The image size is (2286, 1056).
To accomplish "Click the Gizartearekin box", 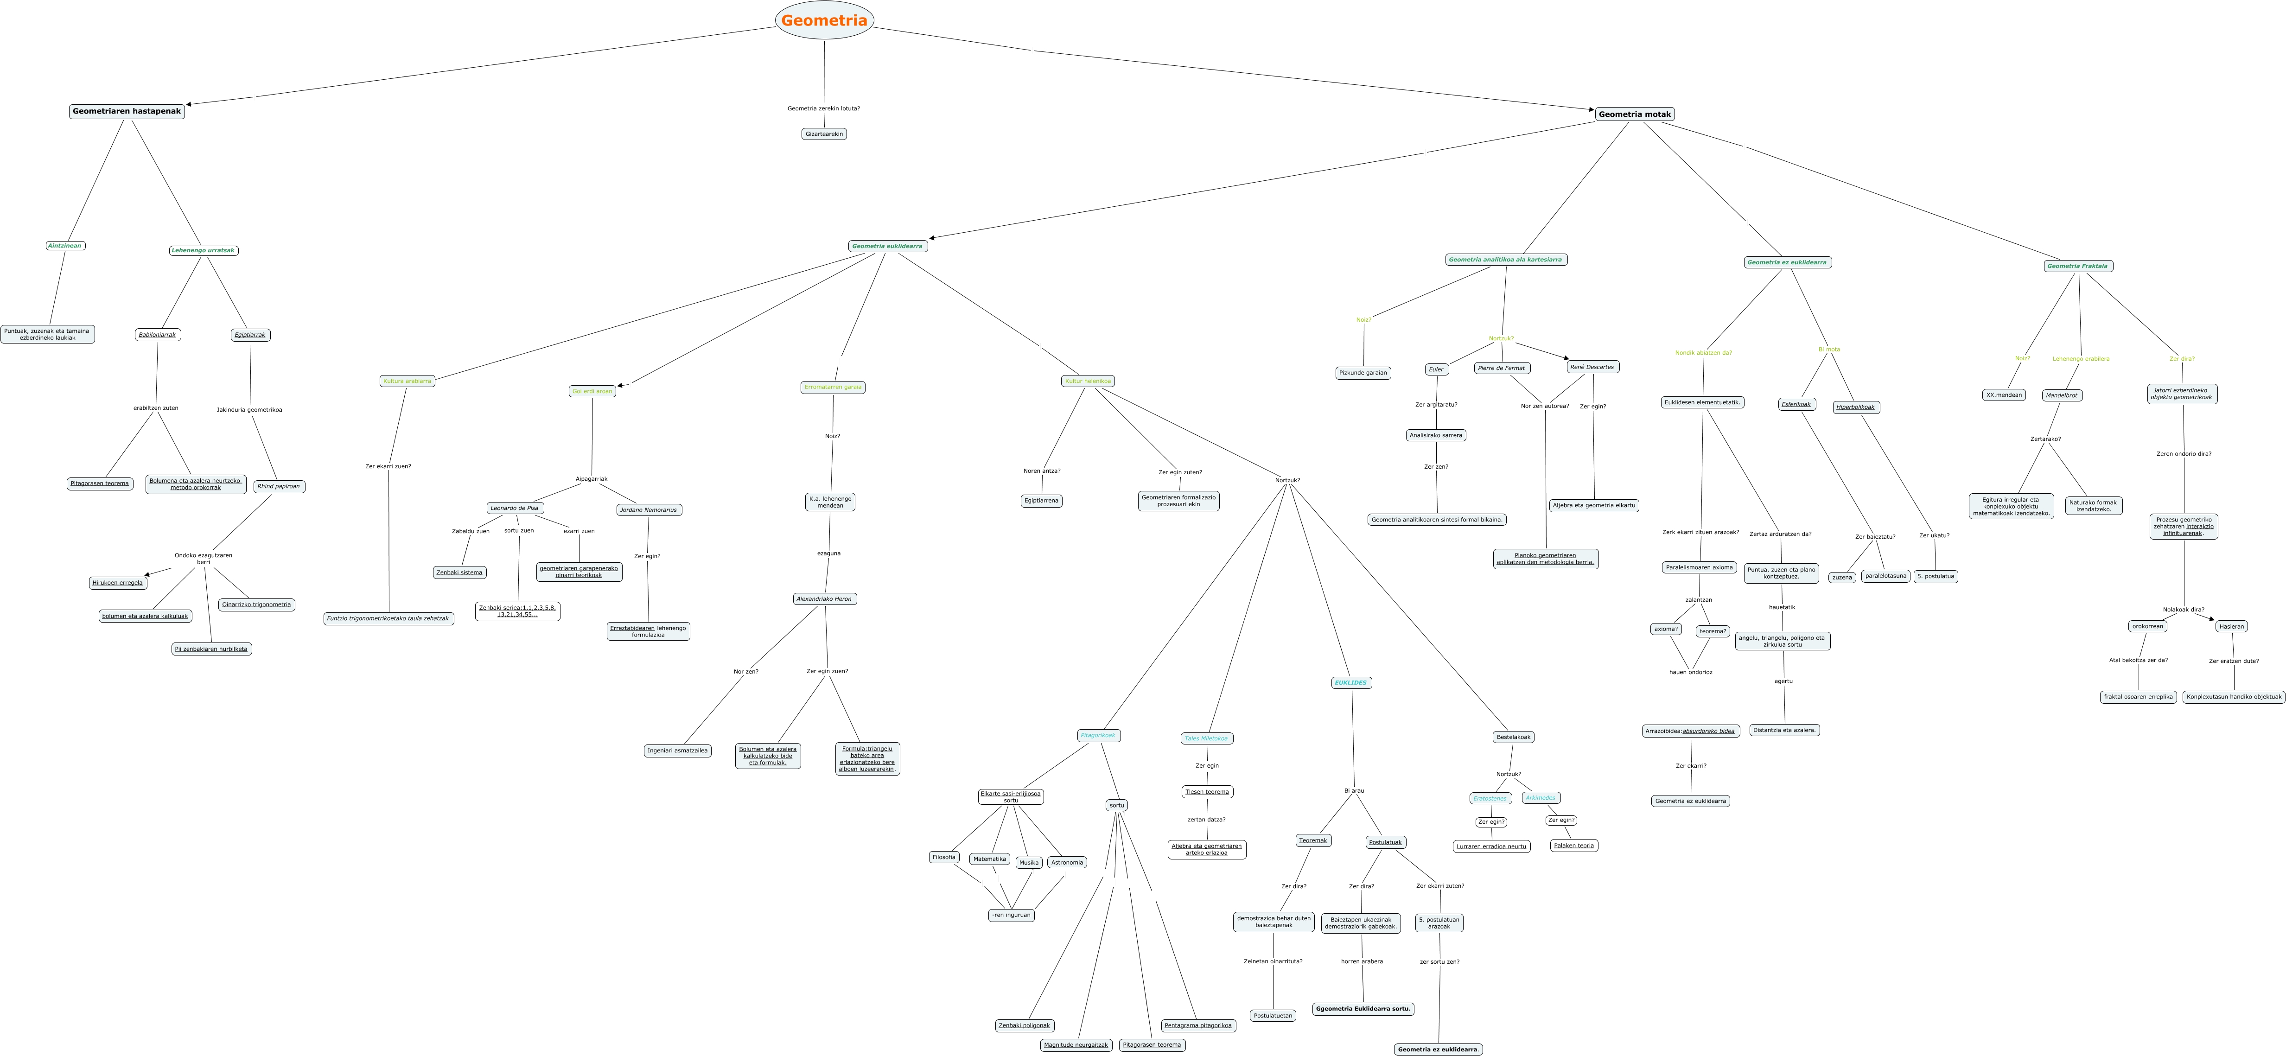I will (x=823, y=134).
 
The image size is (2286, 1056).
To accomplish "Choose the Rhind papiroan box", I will (x=279, y=486).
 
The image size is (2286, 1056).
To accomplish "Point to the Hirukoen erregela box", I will (x=117, y=583).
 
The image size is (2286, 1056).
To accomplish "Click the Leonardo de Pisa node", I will (x=515, y=509).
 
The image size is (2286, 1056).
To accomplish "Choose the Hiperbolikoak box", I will (x=1856, y=407).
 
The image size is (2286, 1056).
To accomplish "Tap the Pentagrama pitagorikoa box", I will (x=1198, y=1026).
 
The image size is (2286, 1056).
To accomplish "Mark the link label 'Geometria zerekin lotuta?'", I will (x=823, y=108).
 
